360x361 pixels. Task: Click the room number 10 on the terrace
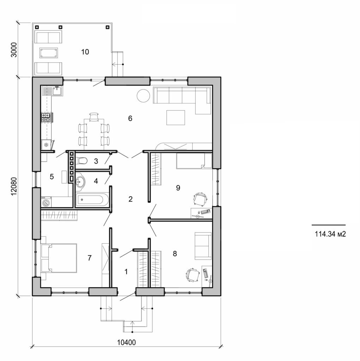(x=85, y=52)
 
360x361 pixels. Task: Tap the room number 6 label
(x=130, y=118)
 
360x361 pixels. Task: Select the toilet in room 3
(x=82, y=161)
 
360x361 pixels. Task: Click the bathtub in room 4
(x=91, y=200)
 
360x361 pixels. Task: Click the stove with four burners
(x=46, y=117)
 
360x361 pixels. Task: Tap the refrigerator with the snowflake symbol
(x=46, y=145)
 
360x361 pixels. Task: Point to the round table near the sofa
(x=143, y=96)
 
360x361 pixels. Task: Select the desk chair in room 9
(x=200, y=199)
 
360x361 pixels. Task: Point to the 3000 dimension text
(x=13, y=49)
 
